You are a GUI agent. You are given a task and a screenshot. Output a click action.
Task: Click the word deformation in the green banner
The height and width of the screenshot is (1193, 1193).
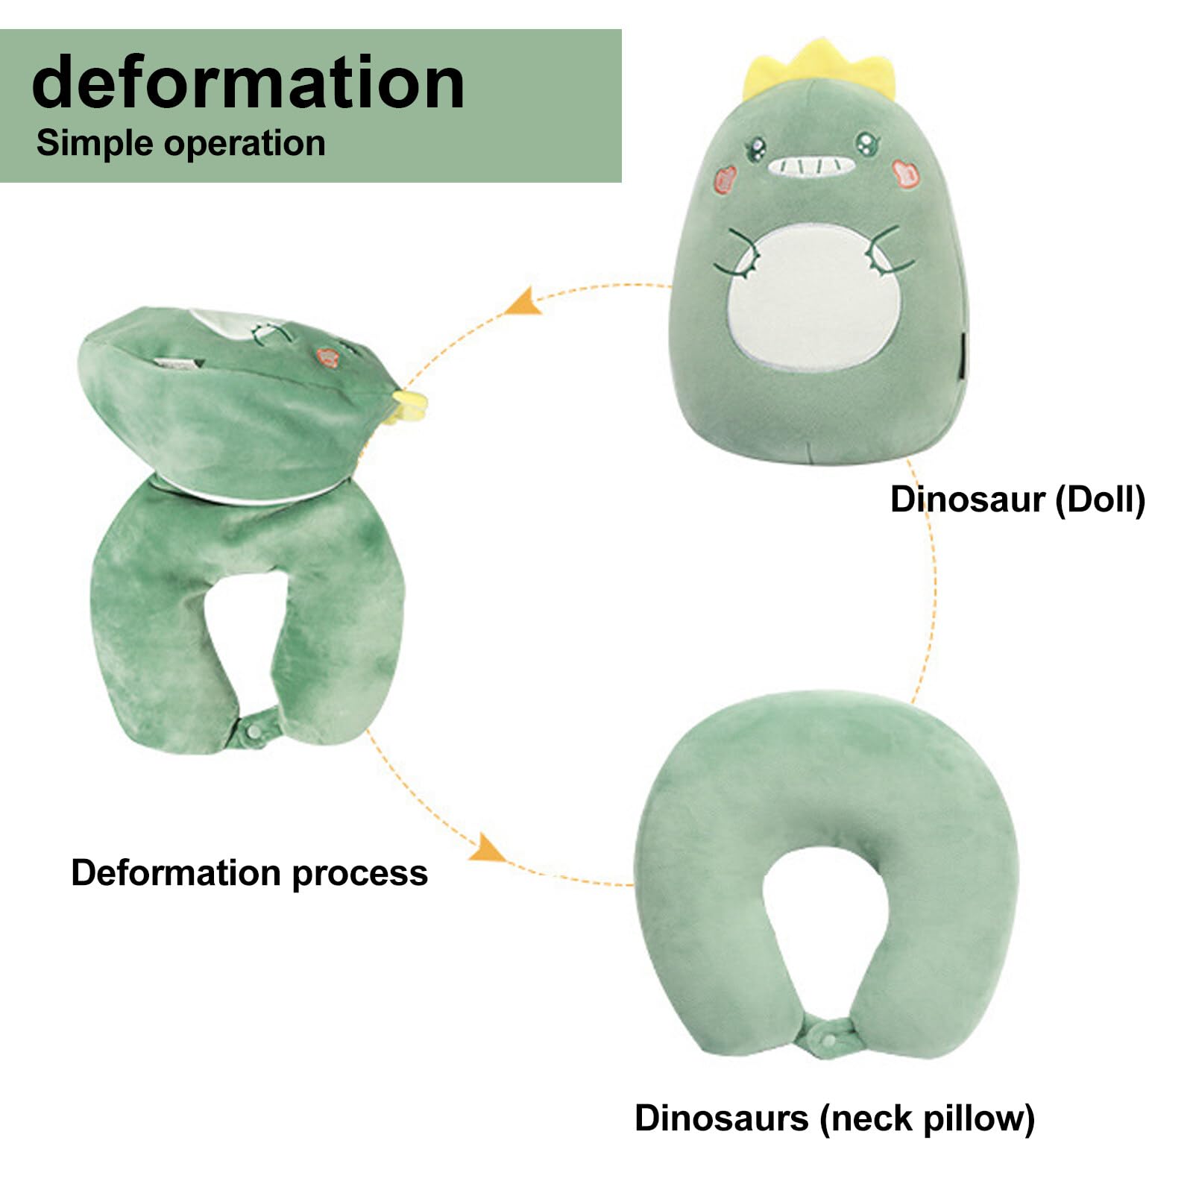(248, 83)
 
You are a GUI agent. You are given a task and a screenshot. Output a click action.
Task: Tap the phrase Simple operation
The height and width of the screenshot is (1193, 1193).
(180, 143)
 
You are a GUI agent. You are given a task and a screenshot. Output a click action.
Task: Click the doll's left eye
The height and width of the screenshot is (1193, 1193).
(756, 146)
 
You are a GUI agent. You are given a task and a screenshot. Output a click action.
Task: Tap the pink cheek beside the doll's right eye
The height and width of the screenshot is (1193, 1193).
(906, 173)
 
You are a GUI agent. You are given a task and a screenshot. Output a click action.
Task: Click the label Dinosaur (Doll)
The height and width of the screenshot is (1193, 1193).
(1017, 499)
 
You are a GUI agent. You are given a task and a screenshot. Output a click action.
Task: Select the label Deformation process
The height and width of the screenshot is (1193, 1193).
(249, 872)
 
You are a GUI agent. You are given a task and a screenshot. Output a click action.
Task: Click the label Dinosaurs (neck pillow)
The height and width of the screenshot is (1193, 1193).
(834, 1118)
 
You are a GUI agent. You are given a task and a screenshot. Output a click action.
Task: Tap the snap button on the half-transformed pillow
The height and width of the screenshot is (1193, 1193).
(255, 731)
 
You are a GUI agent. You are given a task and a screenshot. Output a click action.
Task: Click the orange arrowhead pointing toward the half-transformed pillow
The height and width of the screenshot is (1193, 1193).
(524, 302)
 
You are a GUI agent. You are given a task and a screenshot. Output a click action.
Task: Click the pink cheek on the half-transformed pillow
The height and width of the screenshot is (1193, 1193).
(327, 357)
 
